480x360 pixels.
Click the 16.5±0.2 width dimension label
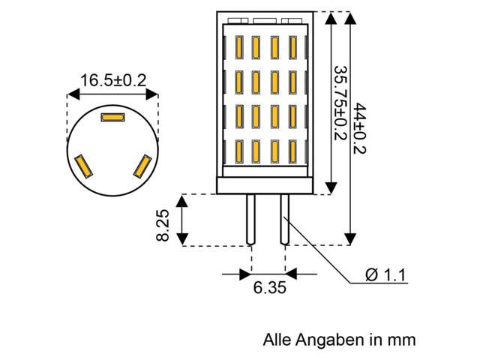[x=113, y=80]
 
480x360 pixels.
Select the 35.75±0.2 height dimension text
[x=340, y=103]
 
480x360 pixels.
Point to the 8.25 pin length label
[x=163, y=225]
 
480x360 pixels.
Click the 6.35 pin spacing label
[x=270, y=287]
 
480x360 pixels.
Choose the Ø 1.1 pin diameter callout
[x=385, y=274]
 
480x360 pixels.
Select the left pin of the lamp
[x=251, y=219]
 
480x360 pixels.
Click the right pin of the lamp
[x=285, y=219]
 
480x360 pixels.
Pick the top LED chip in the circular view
[x=113, y=117]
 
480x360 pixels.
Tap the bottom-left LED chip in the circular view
[x=84, y=166]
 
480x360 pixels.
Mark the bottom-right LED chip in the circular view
[x=142, y=166]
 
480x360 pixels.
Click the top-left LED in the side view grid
[x=239, y=48]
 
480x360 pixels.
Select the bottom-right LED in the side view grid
[x=293, y=151]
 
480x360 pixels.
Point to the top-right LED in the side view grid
[x=293, y=48]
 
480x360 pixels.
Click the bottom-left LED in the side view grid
[x=239, y=151]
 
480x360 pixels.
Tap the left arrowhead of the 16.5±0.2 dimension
[x=73, y=94]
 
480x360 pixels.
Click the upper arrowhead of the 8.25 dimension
[x=182, y=201]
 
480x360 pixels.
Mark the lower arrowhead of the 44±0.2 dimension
[x=350, y=239]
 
